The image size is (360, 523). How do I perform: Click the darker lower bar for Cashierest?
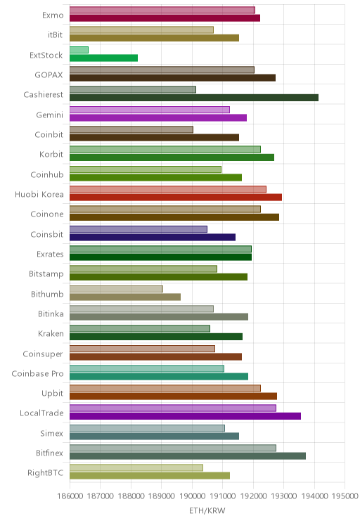(x=194, y=98)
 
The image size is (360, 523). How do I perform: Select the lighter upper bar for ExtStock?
(x=79, y=50)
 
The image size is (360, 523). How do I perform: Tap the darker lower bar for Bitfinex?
(x=188, y=456)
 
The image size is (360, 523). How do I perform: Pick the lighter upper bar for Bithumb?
(x=116, y=289)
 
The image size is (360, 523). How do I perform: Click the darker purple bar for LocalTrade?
(x=185, y=416)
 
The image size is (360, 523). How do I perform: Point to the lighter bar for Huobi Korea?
(x=168, y=190)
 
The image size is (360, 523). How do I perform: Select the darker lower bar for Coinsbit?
(x=153, y=237)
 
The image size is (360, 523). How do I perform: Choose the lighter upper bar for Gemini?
(x=150, y=110)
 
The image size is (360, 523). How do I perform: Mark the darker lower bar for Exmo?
(x=165, y=18)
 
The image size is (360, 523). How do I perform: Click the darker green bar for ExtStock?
(x=104, y=58)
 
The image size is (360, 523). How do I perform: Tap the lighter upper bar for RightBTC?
(x=136, y=467)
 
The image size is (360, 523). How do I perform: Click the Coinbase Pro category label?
(x=37, y=373)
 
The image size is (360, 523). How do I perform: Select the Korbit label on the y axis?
(x=51, y=154)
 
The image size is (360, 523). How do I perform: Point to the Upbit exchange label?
(x=52, y=393)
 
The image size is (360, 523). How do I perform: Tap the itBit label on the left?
(x=55, y=34)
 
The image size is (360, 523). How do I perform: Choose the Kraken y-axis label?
(x=51, y=333)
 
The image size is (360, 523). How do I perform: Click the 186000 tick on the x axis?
(x=70, y=496)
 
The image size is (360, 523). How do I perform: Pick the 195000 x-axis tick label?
(x=345, y=496)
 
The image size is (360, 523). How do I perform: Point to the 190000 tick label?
(x=192, y=496)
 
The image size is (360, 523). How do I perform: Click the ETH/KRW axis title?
(x=207, y=510)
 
